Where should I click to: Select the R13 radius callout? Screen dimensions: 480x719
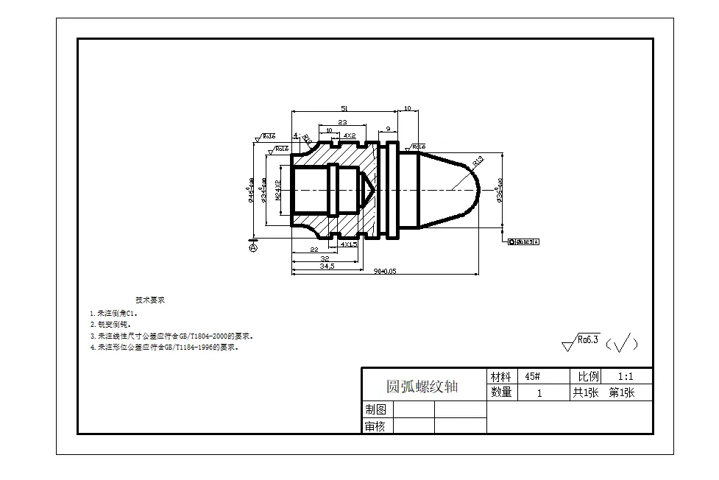coord(477,160)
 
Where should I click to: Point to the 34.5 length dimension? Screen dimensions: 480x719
coord(326,266)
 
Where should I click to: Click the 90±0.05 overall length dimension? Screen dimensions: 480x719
coord(384,271)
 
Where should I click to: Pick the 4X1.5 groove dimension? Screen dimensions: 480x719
coord(349,244)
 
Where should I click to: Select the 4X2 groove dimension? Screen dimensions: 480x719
coord(350,135)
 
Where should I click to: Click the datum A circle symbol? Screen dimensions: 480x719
coord(253,249)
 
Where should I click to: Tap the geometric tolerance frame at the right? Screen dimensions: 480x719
coord(525,241)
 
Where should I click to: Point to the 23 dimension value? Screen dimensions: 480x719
coord(342,122)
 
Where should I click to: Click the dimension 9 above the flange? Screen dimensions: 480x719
coord(388,128)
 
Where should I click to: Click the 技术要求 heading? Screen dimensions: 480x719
coord(150,300)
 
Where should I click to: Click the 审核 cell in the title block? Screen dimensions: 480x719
coord(375,426)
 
